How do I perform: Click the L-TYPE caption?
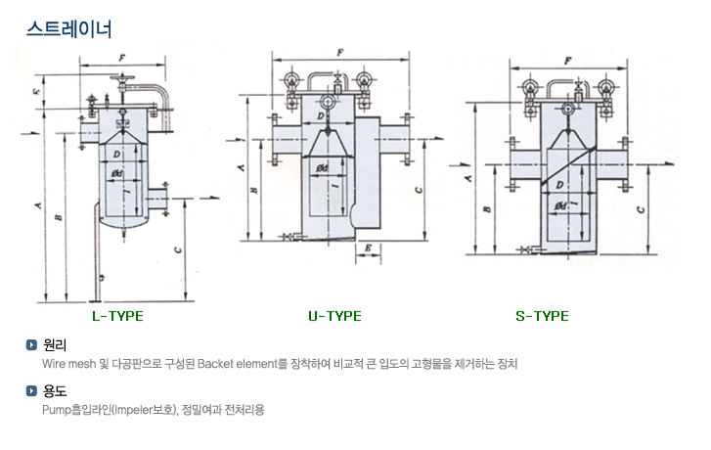(116, 316)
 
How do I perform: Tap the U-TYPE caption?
(334, 316)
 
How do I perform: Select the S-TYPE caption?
(542, 316)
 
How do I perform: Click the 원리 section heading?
(55, 344)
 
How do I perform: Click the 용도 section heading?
(55, 391)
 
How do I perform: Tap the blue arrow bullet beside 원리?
(32, 344)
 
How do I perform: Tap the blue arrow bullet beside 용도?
(32, 391)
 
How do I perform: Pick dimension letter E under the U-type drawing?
(367, 250)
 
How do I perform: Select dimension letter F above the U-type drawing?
(338, 50)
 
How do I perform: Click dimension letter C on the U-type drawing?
(419, 190)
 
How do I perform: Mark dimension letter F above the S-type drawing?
(567, 59)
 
